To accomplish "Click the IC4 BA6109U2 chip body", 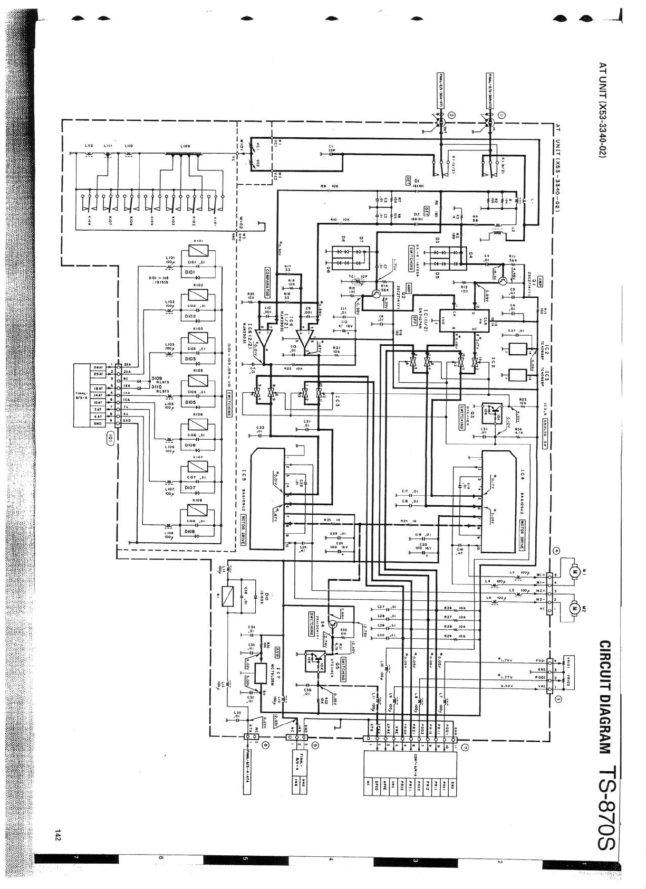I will (498, 502).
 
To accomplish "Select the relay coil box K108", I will (198, 510).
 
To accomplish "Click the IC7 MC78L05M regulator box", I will (262, 673).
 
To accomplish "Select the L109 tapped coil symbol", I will (184, 154).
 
